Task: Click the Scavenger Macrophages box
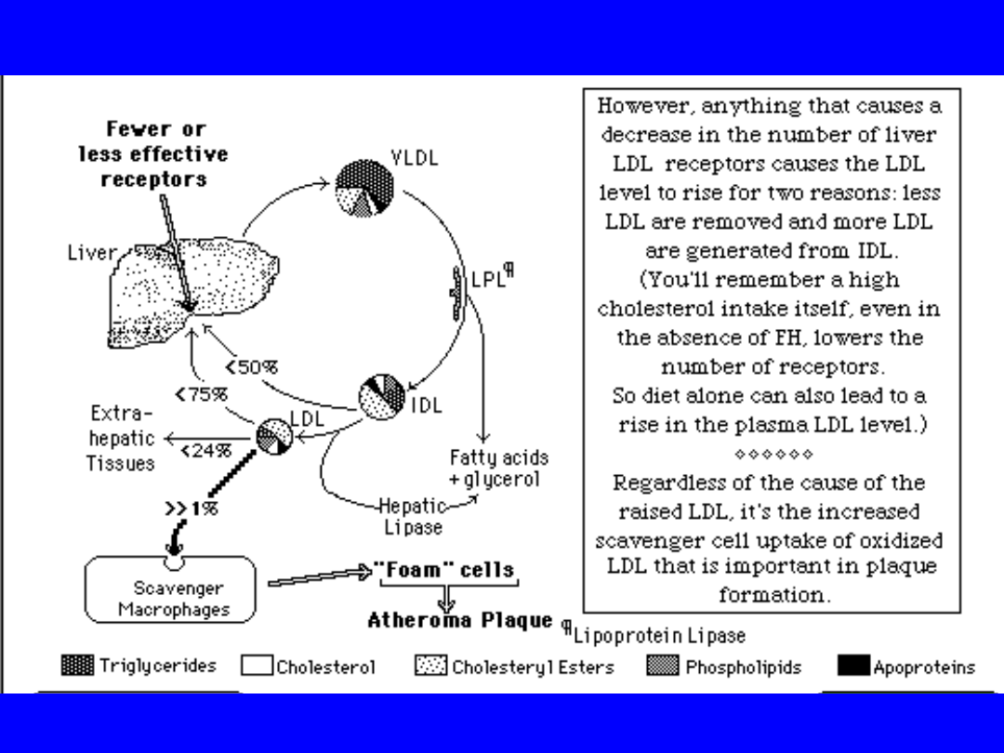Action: click(x=169, y=589)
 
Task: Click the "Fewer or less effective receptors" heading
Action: click(x=153, y=154)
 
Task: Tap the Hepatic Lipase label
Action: click(x=413, y=517)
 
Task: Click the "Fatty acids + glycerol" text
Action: click(x=499, y=469)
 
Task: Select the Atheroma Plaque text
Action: click(x=459, y=620)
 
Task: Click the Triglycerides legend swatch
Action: click(x=77, y=666)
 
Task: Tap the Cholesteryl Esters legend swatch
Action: click(x=430, y=667)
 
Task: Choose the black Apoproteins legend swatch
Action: click(x=852, y=666)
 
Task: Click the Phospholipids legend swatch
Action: click(x=662, y=666)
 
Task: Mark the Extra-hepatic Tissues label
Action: click(x=121, y=438)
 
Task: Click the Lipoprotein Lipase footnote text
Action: click(x=658, y=636)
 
